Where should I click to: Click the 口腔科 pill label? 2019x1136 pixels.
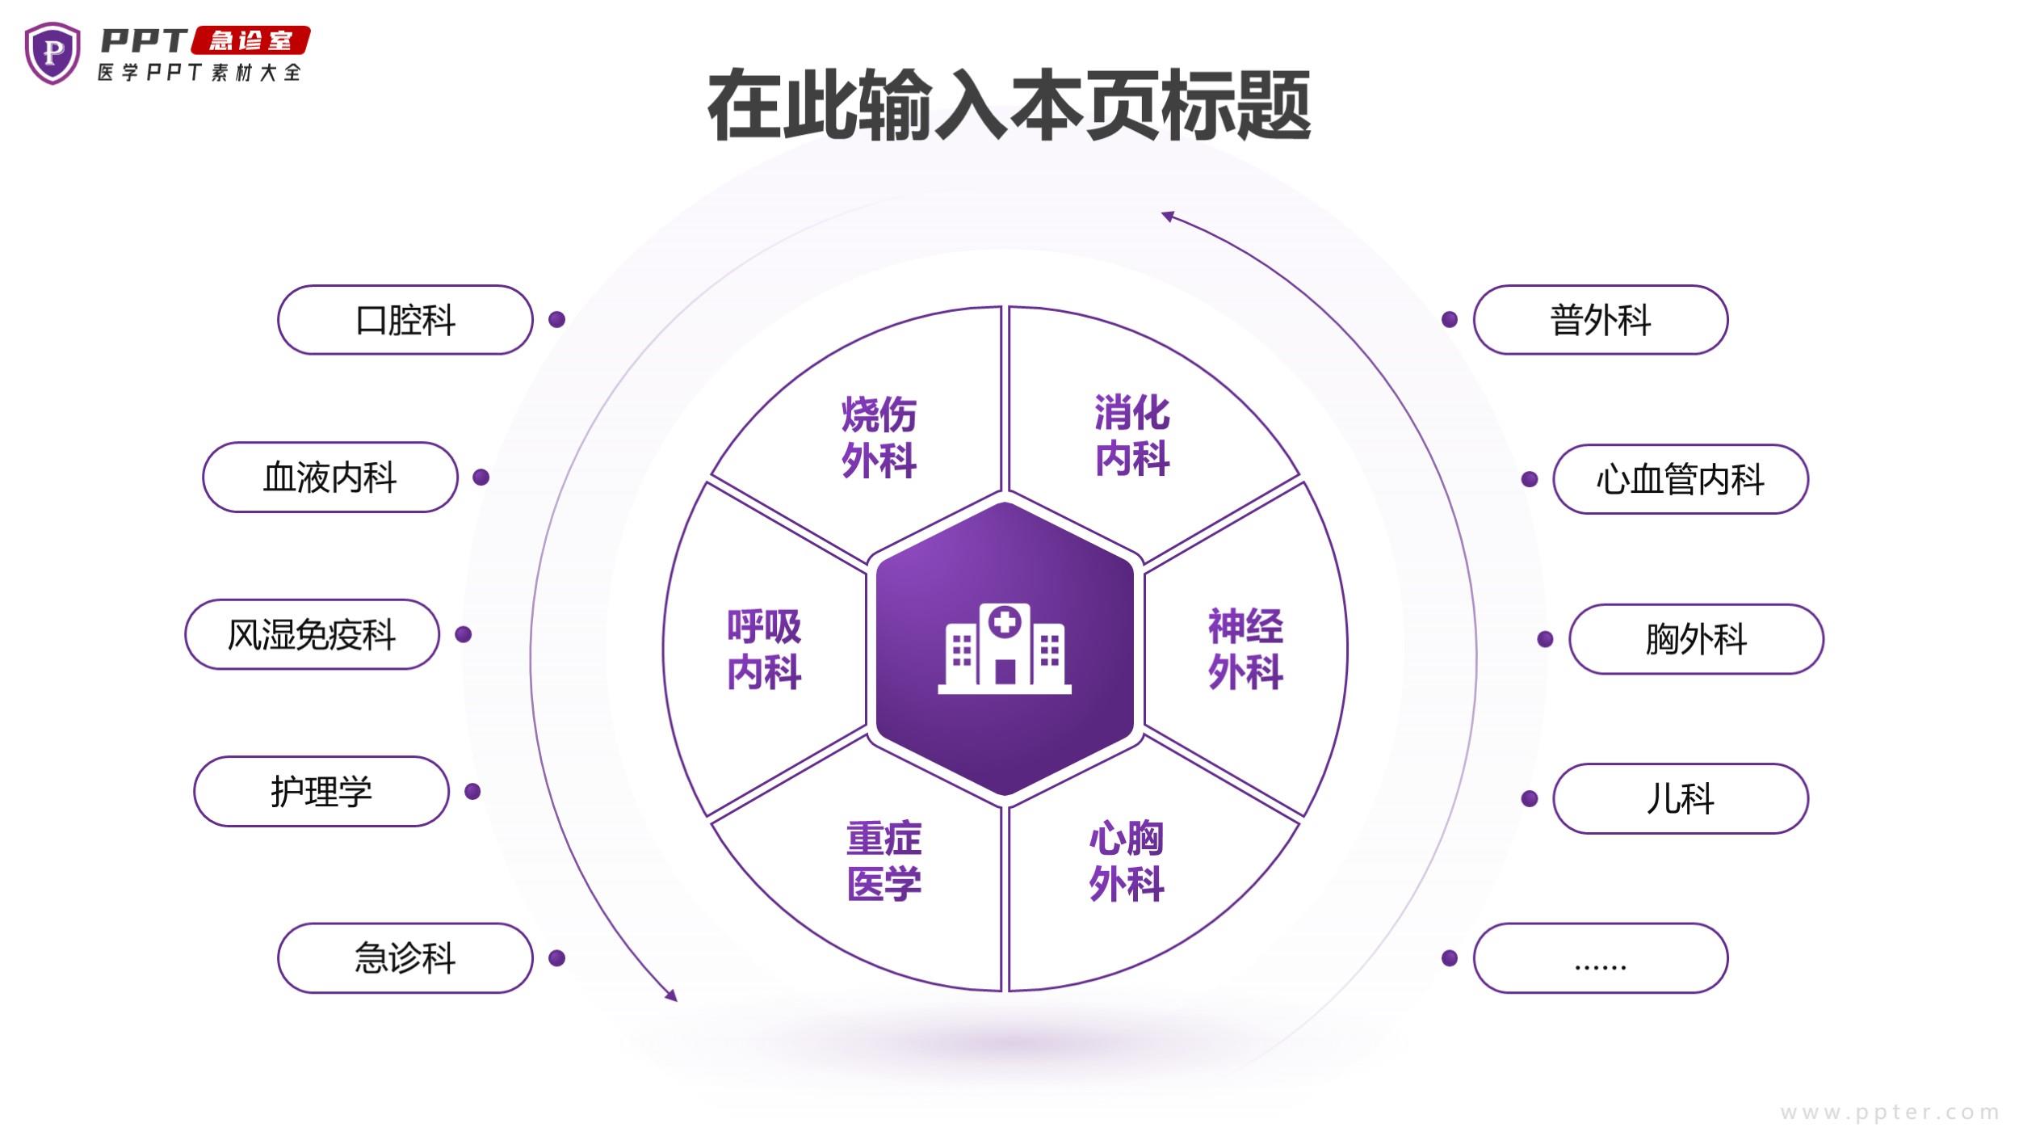click(x=405, y=320)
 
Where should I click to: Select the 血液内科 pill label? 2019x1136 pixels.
click(x=330, y=478)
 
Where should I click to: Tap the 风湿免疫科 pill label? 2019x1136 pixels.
click(x=312, y=634)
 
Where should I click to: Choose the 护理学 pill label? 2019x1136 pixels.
click(x=321, y=792)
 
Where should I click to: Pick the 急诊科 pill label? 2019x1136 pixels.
click(x=405, y=958)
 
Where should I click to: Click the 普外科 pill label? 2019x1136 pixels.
click(x=1601, y=320)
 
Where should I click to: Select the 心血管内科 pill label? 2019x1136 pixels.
click(x=1680, y=479)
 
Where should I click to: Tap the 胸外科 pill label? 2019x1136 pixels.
click(x=1696, y=639)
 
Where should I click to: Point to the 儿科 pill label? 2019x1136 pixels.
click(x=1680, y=799)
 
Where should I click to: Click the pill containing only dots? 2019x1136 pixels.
click(x=1601, y=958)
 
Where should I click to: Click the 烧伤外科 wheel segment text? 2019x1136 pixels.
click(x=879, y=438)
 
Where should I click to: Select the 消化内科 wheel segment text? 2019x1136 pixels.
click(x=1132, y=435)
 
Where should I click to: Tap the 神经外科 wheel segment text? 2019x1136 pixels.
click(x=1245, y=649)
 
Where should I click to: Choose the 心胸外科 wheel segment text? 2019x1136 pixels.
click(x=1127, y=861)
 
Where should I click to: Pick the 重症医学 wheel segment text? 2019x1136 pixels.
click(x=884, y=861)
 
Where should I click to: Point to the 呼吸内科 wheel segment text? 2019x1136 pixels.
click(x=764, y=649)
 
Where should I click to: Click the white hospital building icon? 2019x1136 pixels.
click(x=1005, y=648)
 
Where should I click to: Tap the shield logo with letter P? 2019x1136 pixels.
click(x=52, y=53)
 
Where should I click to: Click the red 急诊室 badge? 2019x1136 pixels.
click(x=251, y=40)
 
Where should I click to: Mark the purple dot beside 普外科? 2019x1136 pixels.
click(x=1450, y=320)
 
